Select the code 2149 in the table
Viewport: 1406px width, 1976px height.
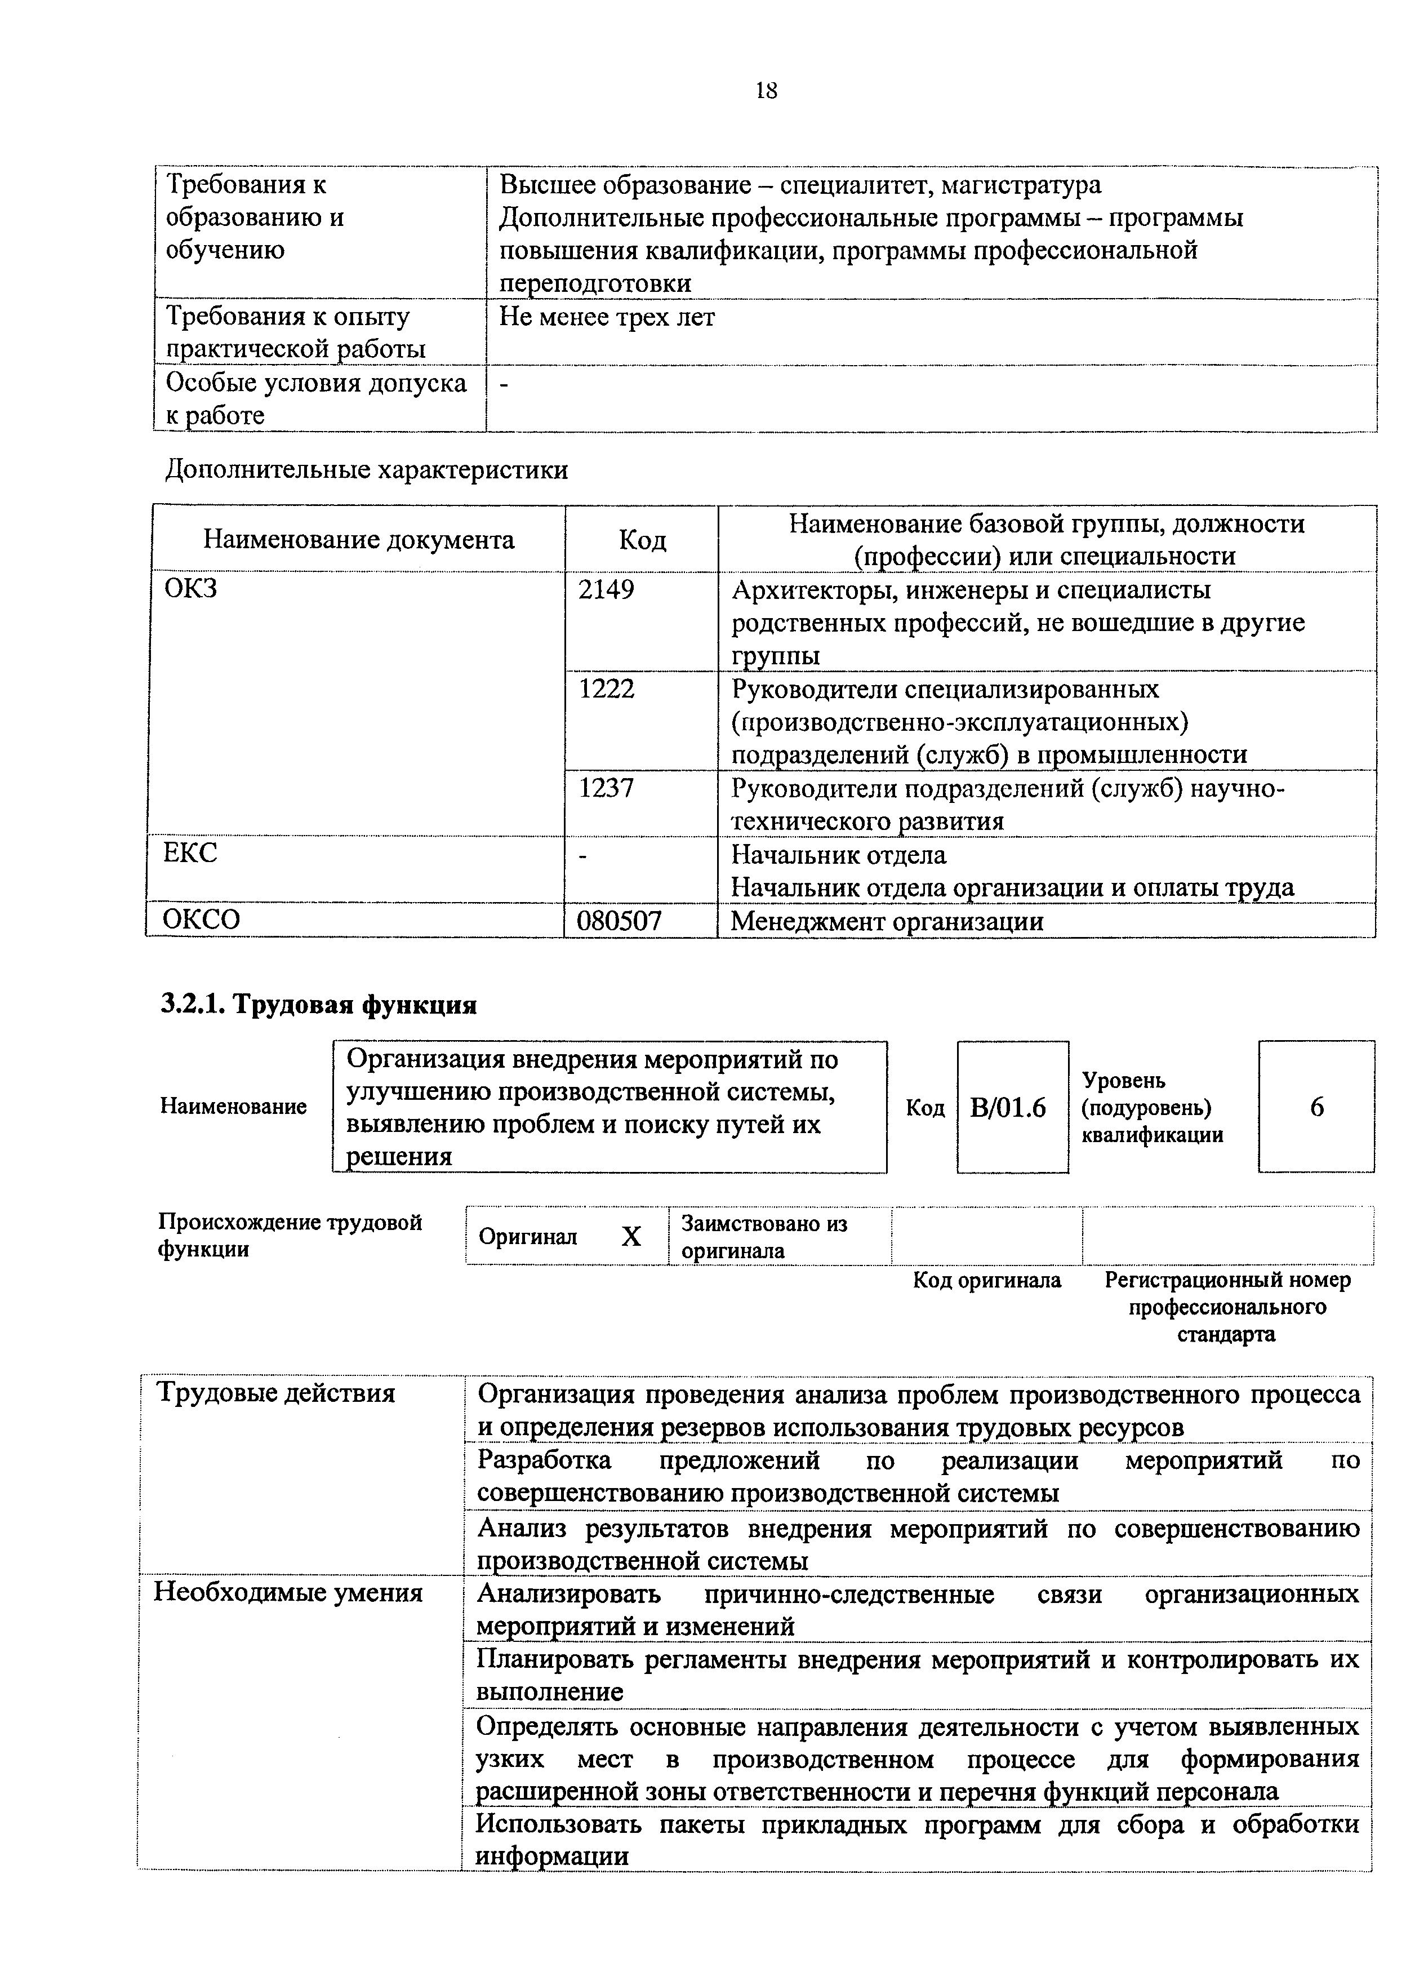click(606, 590)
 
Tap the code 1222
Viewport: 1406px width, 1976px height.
click(606, 689)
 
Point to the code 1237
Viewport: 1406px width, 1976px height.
click(606, 788)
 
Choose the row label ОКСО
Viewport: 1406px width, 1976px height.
click(202, 920)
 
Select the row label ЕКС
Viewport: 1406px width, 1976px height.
click(190, 854)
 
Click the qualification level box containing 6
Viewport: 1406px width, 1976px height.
click(1316, 1108)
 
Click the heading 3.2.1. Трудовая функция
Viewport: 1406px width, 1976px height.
click(319, 1005)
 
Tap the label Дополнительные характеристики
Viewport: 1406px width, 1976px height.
click(366, 470)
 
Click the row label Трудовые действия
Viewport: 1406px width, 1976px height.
click(275, 1394)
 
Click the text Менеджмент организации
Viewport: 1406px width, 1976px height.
click(887, 921)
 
